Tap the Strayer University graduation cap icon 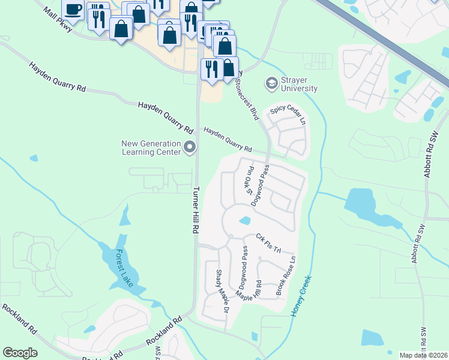pos(271,82)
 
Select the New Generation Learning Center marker pos(190,147)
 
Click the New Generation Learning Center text pos(151,148)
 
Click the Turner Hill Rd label pos(197,214)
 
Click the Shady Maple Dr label pos(222,290)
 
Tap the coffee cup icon pos(73,10)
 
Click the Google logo pos(20,353)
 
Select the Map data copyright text pos(424,355)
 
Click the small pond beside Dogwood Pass pos(244,221)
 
